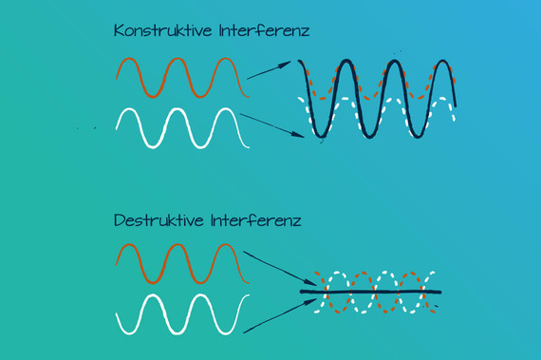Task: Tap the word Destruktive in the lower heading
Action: [159, 220]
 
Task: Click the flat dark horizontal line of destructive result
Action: [370, 291]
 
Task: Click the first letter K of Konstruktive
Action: [119, 30]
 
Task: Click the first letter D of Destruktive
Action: [119, 220]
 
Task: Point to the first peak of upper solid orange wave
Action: [129, 60]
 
